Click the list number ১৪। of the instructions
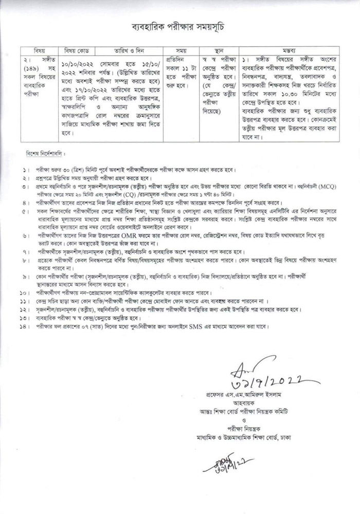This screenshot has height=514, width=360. click(x=24, y=326)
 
